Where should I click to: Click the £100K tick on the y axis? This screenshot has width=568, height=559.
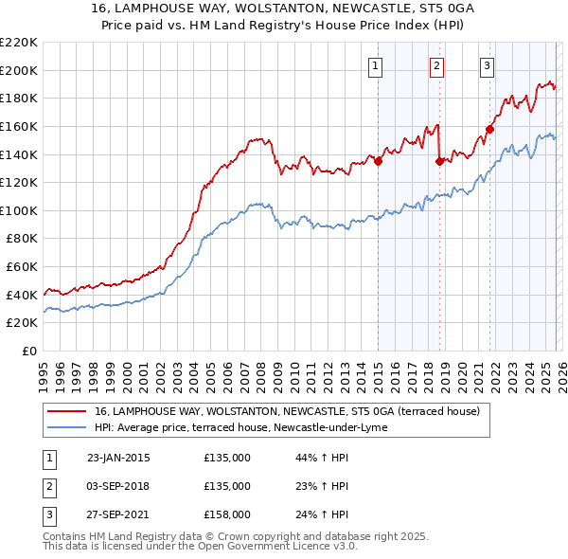(x=19, y=210)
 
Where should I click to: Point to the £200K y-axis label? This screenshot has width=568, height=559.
(x=19, y=70)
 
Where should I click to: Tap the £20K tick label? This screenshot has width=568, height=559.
(x=22, y=323)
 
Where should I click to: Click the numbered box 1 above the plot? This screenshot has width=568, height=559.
(x=376, y=65)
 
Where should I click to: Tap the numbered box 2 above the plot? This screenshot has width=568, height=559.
(x=436, y=65)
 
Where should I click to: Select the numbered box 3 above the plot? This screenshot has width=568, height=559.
(x=487, y=65)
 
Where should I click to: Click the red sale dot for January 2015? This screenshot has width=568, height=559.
(x=378, y=161)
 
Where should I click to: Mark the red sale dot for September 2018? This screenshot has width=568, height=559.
(x=439, y=161)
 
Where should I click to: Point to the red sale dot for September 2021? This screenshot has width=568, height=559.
(x=490, y=129)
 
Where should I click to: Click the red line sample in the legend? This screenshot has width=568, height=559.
(x=67, y=412)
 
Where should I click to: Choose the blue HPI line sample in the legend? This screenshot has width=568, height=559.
(x=67, y=427)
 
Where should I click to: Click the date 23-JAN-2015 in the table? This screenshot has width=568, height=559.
(x=118, y=459)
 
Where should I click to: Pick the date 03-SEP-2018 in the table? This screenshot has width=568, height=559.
(x=118, y=486)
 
